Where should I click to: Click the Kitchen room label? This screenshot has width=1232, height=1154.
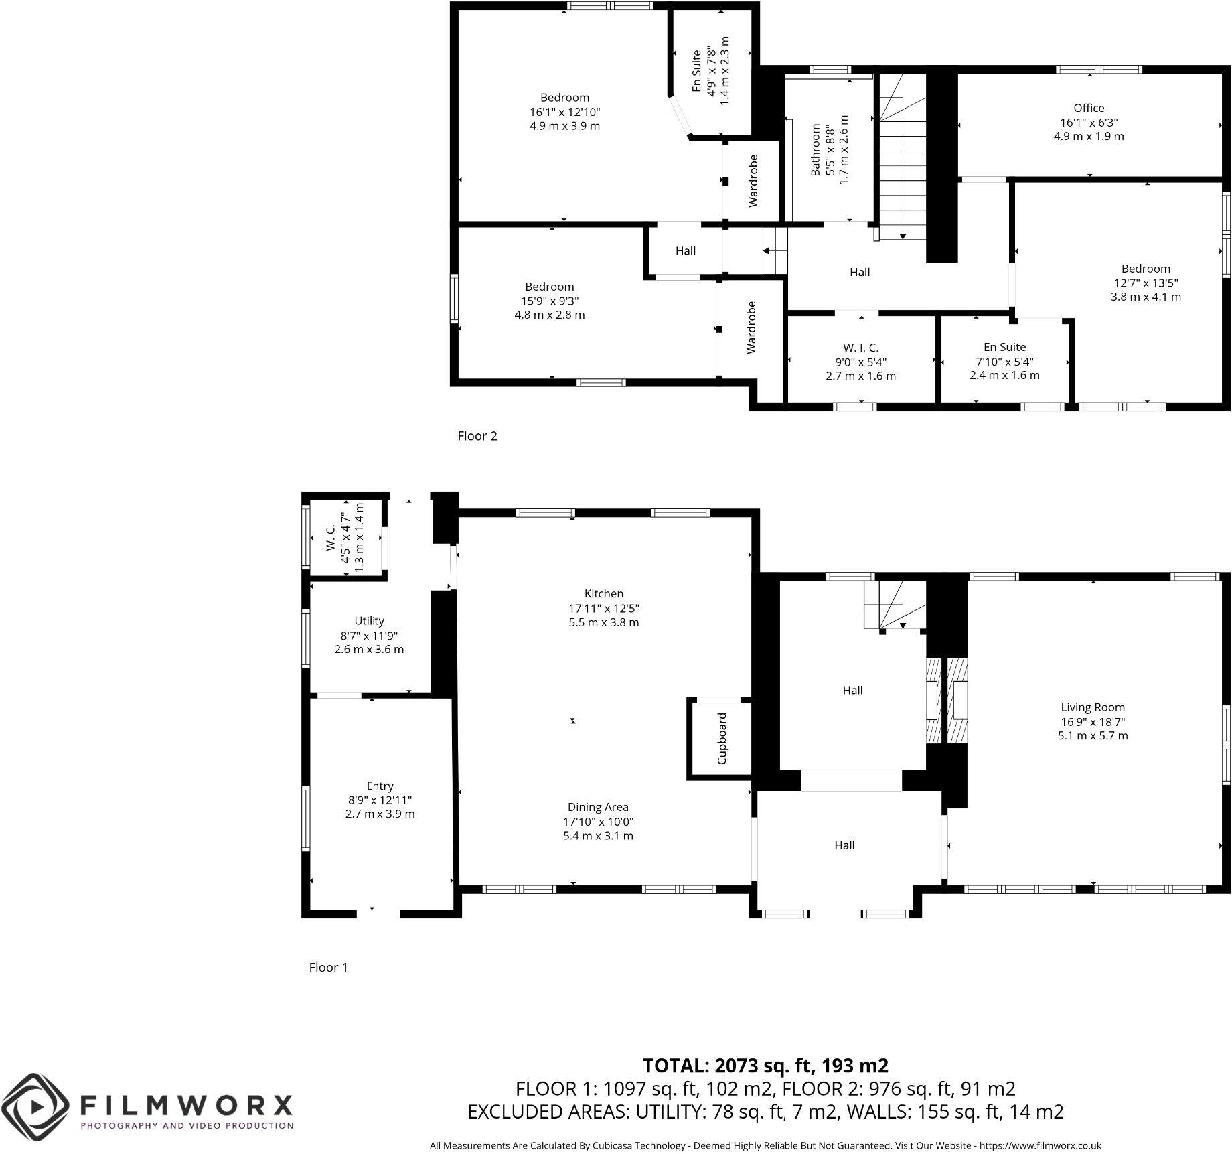[603, 593]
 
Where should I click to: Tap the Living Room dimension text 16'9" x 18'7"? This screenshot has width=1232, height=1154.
[1092, 721]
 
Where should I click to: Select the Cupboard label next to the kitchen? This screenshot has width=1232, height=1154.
[722, 738]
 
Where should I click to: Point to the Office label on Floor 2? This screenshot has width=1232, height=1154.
[1088, 108]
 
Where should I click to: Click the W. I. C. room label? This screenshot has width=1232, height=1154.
[860, 347]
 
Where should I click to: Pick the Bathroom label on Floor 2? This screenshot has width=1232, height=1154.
[816, 149]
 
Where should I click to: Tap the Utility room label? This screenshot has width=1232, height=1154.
[369, 620]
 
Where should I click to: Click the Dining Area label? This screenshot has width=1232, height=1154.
[598, 807]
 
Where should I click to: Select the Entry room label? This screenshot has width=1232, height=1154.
[380, 786]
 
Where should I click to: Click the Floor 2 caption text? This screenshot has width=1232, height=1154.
[477, 436]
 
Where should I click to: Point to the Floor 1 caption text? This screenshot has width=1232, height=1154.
[328, 967]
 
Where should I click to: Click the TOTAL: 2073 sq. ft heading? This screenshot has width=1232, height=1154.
[765, 1065]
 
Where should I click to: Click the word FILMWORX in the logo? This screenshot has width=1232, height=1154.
[186, 1104]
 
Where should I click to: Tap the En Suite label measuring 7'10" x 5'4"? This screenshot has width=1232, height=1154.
[1004, 347]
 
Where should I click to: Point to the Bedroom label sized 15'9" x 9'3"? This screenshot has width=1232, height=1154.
[549, 287]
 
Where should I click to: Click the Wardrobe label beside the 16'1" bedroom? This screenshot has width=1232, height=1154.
[753, 181]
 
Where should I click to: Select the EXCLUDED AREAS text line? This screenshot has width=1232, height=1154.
[765, 1112]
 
